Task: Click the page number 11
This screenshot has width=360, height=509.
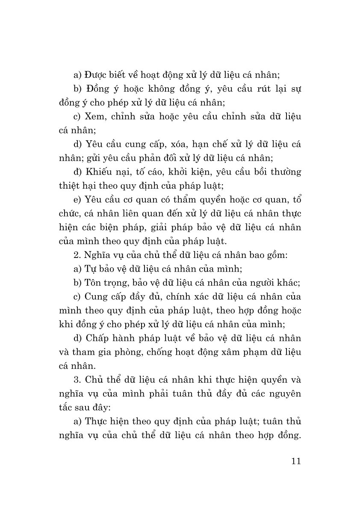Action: coord(295,461)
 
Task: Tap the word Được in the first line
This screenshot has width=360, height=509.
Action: coord(97,75)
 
